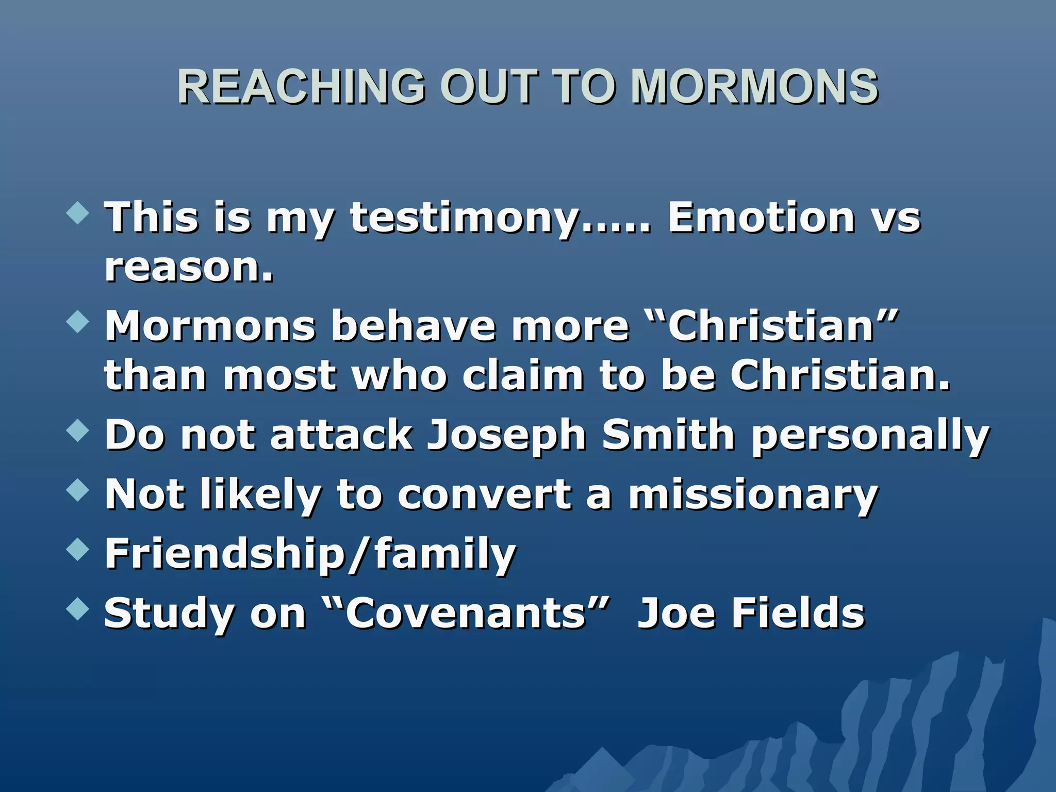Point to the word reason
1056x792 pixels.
tap(189, 268)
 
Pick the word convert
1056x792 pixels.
tap(484, 494)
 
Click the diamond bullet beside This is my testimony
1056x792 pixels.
tap(78, 212)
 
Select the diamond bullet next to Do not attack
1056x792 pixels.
tap(78, 430)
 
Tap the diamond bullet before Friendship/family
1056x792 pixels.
tap(78, 549)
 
